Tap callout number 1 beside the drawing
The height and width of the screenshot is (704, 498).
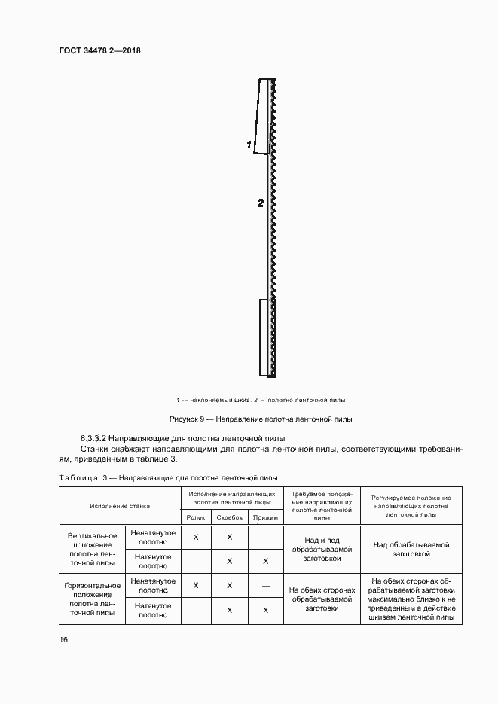[x=249, y=144]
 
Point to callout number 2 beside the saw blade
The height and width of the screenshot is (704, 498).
[x=260, y=203]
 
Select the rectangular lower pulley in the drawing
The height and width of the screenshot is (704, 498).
[x=267, y=337]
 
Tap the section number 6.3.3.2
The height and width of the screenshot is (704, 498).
[x=94, y=437]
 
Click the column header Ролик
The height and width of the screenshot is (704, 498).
[x=195, y=517]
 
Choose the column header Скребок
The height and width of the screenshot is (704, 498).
[x=230, y=517]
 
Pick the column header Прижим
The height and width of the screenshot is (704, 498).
[x=265, y=517]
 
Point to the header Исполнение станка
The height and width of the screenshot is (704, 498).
[x=120, y=506]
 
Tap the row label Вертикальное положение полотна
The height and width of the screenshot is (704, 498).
[x=91, y=549]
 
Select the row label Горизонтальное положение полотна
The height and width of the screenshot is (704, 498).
[x=91, y=599]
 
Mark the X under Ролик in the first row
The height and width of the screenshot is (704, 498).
[x=195, y=537]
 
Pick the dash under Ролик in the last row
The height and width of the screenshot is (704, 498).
[x=195, y=611]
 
